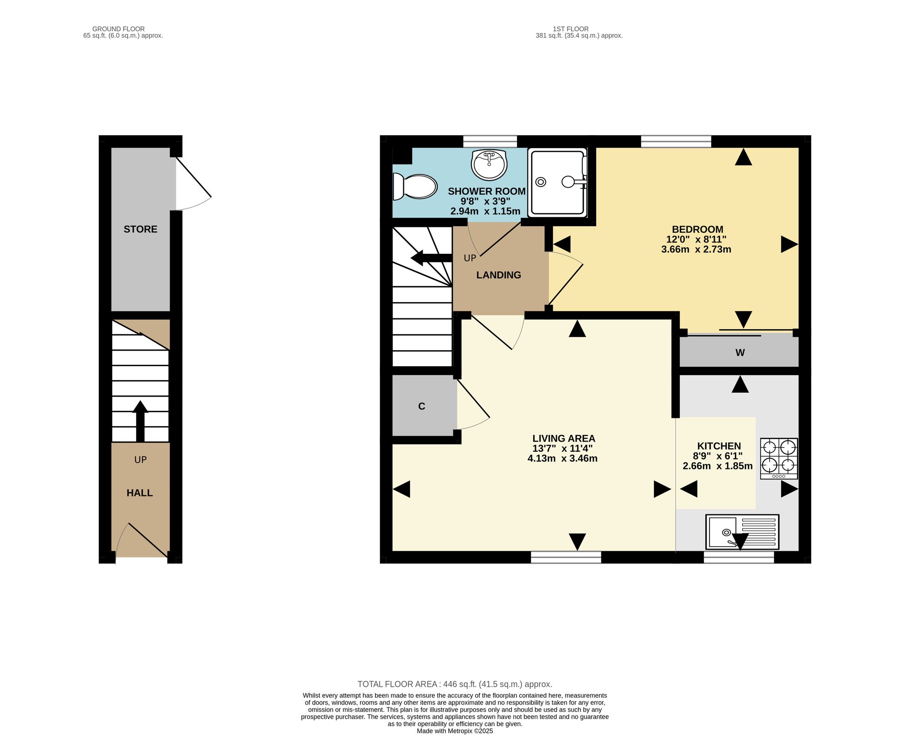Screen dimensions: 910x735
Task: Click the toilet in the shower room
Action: (415, 186)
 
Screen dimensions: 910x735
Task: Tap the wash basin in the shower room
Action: (489, 164)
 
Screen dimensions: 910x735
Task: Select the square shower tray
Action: (557, 182)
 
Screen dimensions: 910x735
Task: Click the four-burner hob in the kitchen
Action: (779, 458)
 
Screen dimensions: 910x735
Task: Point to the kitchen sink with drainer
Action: (742, 532)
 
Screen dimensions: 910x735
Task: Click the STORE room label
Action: (141, 229)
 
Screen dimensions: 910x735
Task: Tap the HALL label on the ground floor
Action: (140, 493)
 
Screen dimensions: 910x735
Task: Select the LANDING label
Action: (499, 275)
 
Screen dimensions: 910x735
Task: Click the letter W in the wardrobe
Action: (740, 352)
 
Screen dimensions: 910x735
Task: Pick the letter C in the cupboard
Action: (422, 406)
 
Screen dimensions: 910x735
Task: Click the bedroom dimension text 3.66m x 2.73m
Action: (696, 249)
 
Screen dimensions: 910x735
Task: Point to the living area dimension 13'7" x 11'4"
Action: (563, 448)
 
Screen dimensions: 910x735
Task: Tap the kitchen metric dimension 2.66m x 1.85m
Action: (718, 466)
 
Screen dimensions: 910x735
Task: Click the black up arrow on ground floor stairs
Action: (140, 421)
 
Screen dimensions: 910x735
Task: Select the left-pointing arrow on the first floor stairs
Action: (431, 258)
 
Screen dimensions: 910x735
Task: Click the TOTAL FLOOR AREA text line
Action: (455, 684)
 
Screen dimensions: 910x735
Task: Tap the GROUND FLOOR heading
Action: (118, 29)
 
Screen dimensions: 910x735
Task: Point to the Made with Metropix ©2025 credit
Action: (455, 731)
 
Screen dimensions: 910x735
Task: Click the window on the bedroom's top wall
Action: (676, 141)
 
